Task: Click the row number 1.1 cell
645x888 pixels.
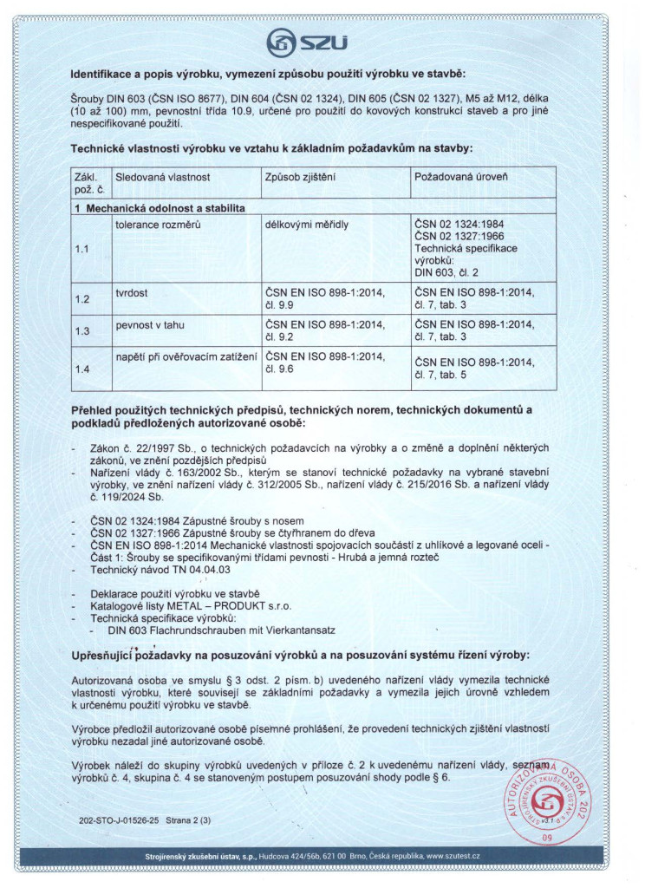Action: (x=83, y=249)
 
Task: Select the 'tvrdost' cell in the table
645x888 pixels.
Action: (x=133, y=293)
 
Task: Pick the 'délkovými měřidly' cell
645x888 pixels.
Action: (x=307, y=224)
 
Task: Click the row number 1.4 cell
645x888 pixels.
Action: (x=83, y=369)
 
